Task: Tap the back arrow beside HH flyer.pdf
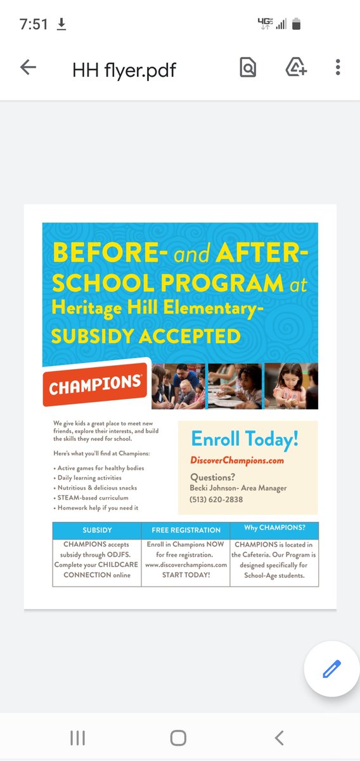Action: [x=28, y=67]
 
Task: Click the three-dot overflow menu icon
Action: [x=338, y=67]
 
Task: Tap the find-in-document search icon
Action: [x=248, y=67]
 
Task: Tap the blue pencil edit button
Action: [x=331, y=669]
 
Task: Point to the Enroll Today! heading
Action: [x=245, y=439]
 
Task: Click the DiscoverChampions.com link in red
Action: [x=237, y=460]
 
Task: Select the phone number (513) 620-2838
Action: [x=216, y=500]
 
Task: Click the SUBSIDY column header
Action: [x=97, y=530]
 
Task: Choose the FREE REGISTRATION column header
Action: [x=186, y=530]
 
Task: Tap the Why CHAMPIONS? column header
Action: [x=273, y=528]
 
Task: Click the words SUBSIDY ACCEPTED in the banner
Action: [x=146, y=335]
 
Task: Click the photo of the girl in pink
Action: [x=291, y=386]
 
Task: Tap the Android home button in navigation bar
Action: [x=179, y=738]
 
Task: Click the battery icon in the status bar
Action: [x=296, y=24]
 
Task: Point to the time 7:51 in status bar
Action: [x=34, y=25]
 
